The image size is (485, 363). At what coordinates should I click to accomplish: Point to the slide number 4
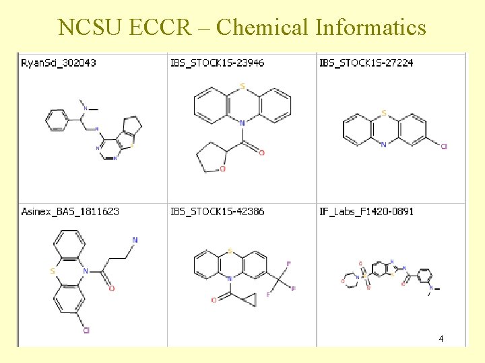click(441, 339)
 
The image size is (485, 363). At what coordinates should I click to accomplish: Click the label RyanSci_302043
click(59, 63)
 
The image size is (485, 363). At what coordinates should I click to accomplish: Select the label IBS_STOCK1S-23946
click(217, 63)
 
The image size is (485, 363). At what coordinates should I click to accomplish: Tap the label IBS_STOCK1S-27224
click(366, 63)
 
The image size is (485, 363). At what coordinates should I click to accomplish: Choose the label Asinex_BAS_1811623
click(70, 211)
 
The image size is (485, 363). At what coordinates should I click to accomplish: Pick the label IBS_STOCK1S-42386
click(217, 211)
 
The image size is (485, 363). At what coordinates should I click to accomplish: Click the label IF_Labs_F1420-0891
click(366, 211)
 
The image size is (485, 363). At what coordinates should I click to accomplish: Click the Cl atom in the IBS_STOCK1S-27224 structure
click(443, 146)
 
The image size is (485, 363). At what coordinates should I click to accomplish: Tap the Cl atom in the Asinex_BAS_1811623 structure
click(86, 330)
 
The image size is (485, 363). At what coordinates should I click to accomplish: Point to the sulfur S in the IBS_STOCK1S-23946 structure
click(242, 87)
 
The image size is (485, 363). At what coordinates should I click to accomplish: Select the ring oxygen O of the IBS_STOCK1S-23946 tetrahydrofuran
click(222, 169)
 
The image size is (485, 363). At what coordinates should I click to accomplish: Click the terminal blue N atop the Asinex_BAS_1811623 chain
click(135, 239)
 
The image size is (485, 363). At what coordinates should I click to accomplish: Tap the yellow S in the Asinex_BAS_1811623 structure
click(53, 271)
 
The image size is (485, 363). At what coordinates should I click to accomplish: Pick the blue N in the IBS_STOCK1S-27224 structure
click(383, 144)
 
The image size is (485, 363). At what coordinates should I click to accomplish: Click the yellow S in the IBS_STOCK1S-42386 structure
click(230, 251)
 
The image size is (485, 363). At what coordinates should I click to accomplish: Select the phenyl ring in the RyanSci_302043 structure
click(57, 121)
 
